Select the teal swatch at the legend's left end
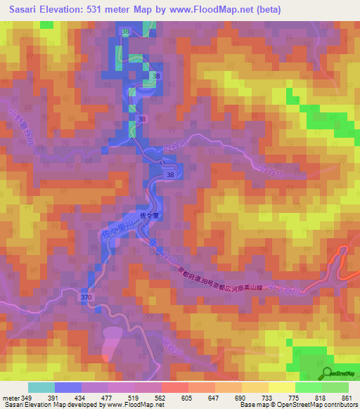click(41, 387)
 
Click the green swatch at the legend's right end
click(335, 387)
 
